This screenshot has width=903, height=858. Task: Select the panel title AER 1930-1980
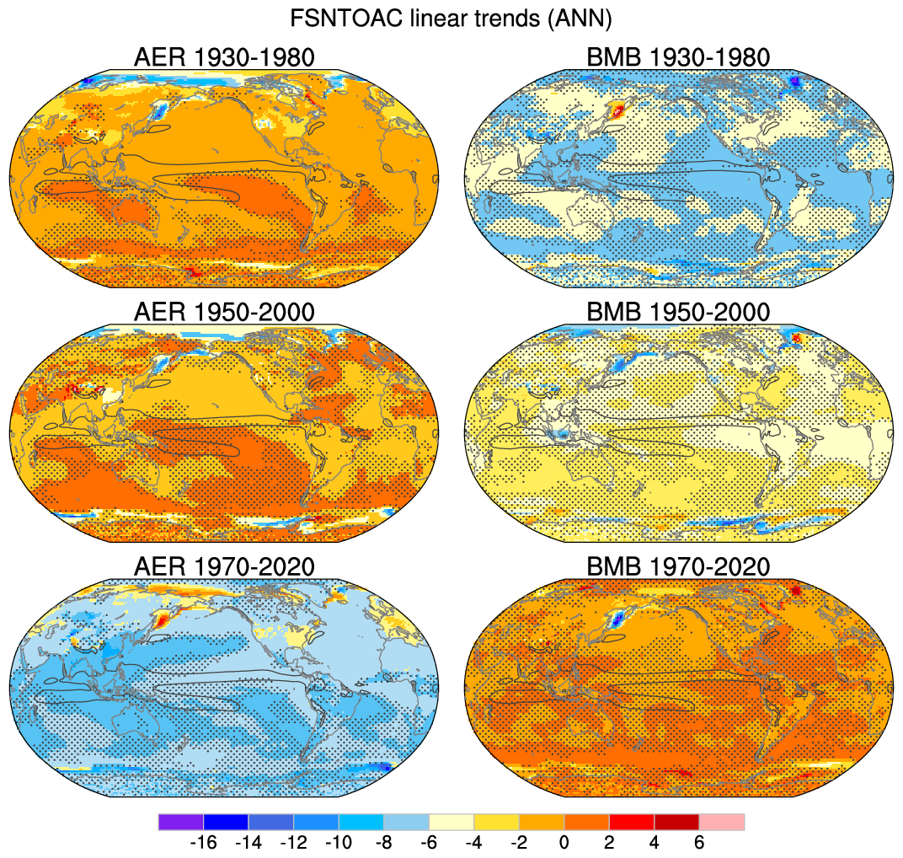[x=224, y=57]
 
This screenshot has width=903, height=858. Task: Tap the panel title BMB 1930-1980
[x=678, y=57]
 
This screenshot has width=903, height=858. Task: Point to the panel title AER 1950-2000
[x=224, y=312]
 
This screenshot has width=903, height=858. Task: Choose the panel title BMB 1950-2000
[x=678, y=312]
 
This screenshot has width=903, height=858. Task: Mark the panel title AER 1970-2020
[x=224, y=566]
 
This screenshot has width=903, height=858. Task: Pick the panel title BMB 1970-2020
[x=678, y=566]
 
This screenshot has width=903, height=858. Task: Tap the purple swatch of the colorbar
[x=180, y=822]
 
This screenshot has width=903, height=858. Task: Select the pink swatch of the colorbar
[x=722, y=822]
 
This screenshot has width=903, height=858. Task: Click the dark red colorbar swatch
[x=676, y=822]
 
